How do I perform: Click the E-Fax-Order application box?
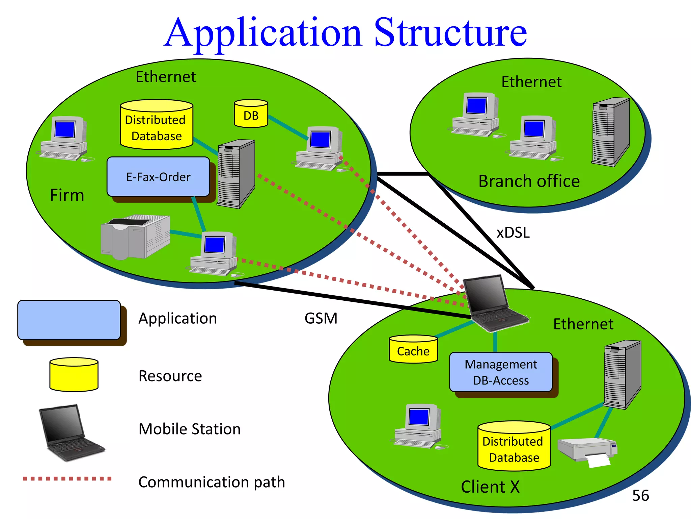[x=158, y=177]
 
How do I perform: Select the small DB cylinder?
[x=251, y=114]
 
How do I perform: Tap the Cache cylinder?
[x=413, y=350]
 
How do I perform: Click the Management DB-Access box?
[x=501, y=372]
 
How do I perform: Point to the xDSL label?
[x=513, y=233]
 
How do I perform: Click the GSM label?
[x=321, y=318]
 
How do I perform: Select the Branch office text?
[x=529, y=181]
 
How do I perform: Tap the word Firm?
[x=67, y=195]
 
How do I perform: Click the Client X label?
[x=490, y=487]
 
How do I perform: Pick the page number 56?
[x=640, y=496]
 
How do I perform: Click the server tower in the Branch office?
[x=611, y=132]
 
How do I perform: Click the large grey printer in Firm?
[x=135, y=237]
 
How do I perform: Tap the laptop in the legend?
[x=71, y=432]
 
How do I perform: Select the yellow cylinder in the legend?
[x=74, y=375]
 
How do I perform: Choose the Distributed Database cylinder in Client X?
[x=514, y=446]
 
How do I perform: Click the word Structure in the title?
[x=450, y=33]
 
